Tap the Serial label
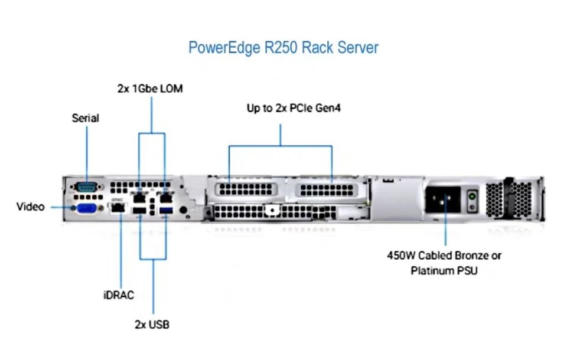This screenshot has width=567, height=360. click(x=86, y=118)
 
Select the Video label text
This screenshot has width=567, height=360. click(x=30, y=207)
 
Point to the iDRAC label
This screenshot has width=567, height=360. click(x=118, y=294)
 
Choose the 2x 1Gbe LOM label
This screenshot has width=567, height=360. click(x=150, y=89)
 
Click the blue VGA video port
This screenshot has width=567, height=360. click(x=87, y=208)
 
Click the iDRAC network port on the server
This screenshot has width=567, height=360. click(x=118, y=208)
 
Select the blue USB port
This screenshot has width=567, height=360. click(x=165, y=210)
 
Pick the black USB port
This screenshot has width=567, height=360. click(x=139, y=210)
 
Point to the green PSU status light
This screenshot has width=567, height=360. click(x=472, y=195)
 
